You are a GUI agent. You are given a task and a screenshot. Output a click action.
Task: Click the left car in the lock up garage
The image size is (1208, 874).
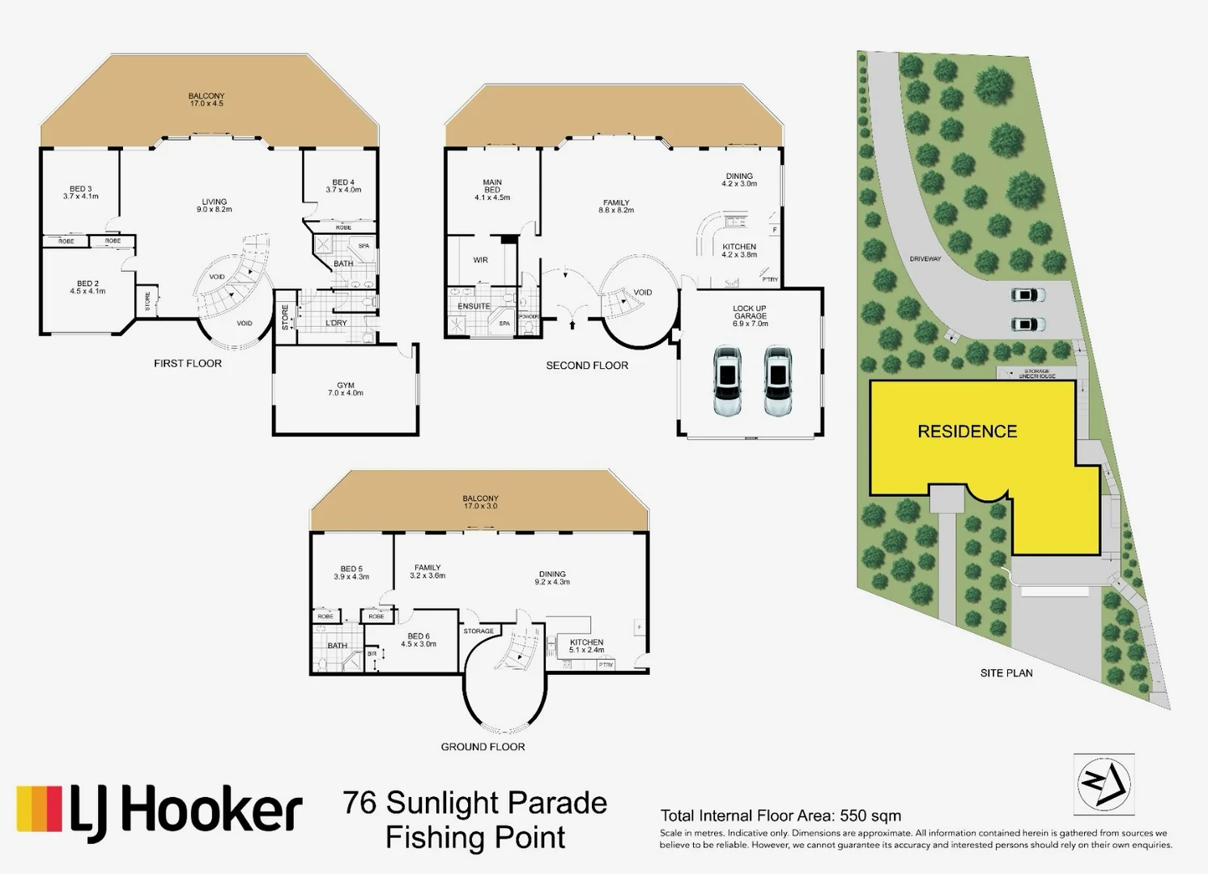727,380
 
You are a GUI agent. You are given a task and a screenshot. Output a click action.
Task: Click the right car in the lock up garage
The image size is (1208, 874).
778,380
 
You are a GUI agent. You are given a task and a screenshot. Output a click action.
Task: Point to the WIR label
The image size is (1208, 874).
480,261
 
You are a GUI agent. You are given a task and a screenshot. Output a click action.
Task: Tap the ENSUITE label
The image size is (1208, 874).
474,307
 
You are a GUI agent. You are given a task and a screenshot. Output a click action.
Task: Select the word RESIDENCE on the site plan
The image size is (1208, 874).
967,431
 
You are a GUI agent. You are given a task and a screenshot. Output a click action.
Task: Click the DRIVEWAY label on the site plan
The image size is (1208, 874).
925,259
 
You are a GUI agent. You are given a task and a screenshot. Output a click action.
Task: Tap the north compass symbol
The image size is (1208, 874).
1103,784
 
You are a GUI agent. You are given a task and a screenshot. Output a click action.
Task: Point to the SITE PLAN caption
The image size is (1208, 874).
1006,672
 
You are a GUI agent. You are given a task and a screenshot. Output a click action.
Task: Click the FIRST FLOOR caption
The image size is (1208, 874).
188,363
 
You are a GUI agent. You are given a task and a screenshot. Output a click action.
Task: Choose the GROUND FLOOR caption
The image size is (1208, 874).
483,746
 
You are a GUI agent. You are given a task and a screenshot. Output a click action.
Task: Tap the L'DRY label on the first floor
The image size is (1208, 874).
336,323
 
